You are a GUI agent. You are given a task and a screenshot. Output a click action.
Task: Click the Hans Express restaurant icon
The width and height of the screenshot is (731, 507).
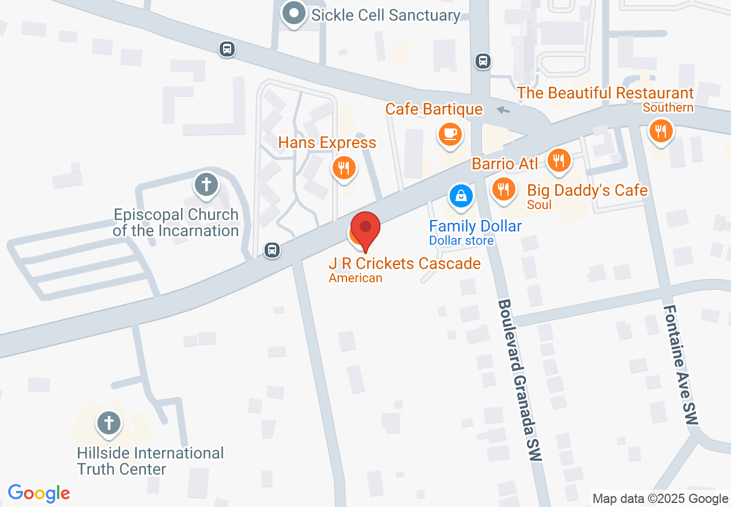[x=344, y=168]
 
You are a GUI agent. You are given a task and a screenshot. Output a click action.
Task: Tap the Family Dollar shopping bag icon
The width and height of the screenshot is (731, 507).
[x=461, y=196]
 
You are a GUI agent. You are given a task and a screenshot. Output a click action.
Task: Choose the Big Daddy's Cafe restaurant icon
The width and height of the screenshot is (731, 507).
[x=504, y=188]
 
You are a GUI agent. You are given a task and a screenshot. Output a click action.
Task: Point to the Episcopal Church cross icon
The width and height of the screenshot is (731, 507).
[x=206, y=185]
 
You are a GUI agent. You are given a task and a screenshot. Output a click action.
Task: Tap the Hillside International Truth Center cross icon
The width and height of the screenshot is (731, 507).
[x=108, y=423]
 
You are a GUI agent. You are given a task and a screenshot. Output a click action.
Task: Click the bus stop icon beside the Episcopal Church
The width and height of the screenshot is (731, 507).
[x=272, y=250]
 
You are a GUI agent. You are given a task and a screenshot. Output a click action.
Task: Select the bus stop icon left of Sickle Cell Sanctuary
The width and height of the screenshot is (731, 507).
[x=227, y=49]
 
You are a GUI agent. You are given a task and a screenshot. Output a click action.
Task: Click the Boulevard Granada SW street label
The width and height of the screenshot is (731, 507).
[x=520, y=380]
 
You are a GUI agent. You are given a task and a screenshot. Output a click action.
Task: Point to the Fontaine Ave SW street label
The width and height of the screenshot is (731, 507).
[x=681, y=364]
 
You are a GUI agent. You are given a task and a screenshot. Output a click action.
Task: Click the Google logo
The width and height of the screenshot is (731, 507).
[x=39, y=493]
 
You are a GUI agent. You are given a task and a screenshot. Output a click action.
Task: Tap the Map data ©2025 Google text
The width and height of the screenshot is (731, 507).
[x=660, y=499]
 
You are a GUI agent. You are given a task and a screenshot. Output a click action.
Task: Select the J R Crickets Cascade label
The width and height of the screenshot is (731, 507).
[x=405, y=263]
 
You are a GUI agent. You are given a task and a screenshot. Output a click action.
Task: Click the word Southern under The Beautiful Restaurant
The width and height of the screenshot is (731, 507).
[x=668, y=108]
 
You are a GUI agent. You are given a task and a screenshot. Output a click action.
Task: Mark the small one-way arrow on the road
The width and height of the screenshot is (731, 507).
[x=504, y=110]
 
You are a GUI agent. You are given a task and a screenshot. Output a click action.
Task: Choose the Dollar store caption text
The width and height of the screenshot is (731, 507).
[x=461, y=240]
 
